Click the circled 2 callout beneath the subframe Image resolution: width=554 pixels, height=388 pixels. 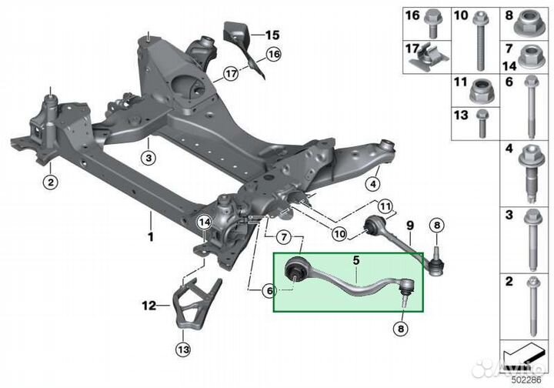coord(51,182)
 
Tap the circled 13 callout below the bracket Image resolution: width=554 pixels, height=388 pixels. coord(183,350)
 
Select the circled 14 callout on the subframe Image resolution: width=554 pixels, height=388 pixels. coord(205,222)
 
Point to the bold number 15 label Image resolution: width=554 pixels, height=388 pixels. coord(272,35)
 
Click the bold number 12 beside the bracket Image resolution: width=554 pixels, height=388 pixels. coord(149,305)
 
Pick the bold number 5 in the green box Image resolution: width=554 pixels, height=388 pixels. coord(356,260)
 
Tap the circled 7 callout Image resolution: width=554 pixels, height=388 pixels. coord(285,237)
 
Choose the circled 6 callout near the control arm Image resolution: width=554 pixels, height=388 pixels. coord(269,291)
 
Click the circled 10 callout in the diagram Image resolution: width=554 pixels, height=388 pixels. coord(339,233)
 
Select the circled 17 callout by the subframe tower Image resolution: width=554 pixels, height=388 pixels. coord(231,74)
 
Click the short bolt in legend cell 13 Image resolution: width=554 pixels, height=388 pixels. coord(482,124)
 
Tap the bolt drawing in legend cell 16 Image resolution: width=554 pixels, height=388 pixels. coord(432,24)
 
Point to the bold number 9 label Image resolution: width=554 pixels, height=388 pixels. coord(410,225)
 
